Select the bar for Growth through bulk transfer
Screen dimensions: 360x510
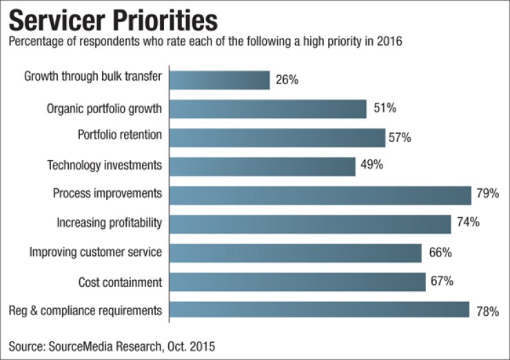220,80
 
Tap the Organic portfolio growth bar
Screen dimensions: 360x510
268,109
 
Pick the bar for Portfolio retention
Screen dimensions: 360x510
278,137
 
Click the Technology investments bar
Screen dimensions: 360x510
263,166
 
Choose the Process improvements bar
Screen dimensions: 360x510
320,194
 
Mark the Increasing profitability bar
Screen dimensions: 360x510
311,223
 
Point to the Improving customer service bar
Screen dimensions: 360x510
296,252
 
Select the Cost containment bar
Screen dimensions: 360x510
298,281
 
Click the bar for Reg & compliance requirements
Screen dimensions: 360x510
320,310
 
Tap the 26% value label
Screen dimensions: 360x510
286,80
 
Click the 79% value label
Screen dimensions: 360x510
487,194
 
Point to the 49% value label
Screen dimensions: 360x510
371,166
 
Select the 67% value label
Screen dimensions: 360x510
442,281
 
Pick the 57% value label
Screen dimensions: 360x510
400,137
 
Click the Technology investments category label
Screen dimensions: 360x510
105,166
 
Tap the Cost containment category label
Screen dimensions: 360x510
121,281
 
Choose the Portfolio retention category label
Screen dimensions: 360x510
119,136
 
